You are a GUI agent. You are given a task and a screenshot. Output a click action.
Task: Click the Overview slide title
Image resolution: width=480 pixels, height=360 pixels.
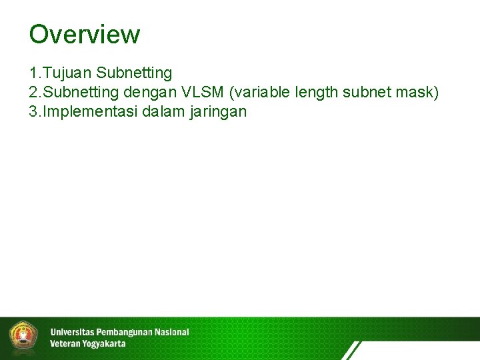[85, 35]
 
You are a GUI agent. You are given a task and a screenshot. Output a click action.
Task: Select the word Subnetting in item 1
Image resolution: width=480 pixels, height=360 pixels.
[134, 72]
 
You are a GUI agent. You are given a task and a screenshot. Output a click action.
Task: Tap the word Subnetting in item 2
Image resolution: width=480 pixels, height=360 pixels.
[81, 92]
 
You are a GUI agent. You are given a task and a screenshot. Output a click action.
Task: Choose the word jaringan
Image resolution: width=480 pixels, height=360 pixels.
[218, 112]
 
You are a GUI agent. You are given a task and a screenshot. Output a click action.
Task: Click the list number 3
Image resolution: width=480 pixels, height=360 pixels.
[33, 111]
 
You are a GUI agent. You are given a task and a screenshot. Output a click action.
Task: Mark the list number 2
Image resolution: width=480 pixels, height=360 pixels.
[33, 92]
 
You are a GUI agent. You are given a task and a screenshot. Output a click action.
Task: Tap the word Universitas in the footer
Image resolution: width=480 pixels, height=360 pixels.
[72, 332]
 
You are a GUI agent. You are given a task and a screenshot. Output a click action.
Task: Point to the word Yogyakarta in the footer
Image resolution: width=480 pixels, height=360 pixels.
[101, 344]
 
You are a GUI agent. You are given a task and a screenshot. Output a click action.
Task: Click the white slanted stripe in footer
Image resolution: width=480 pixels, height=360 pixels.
[351, 351]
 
